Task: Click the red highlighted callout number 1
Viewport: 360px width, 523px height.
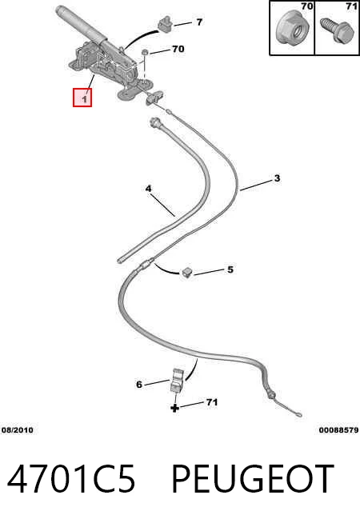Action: coord(82,98)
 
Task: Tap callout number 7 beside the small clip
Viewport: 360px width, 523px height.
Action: coord(199,22)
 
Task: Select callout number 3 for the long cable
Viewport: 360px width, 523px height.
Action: coord(277,178)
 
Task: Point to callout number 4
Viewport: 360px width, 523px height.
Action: coord(148,189)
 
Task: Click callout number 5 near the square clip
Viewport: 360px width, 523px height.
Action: coord(230,269)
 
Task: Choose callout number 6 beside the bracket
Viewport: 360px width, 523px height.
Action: coord(139,385)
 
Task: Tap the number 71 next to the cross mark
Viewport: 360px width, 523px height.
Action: coord(212,402)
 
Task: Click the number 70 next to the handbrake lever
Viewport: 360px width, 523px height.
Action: coord(178,49)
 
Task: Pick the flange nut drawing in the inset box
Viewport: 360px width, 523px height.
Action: coord(293,28)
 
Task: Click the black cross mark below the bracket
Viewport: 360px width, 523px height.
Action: coord(175,408)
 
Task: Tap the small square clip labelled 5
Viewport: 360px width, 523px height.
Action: coord(187,272)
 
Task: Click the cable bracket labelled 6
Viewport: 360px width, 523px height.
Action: coord(177,380)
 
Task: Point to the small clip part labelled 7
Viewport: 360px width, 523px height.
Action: coord(164,24)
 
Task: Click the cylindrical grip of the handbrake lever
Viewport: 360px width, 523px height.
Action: coord(79,26)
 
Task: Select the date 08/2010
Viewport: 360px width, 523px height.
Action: coord(18,430)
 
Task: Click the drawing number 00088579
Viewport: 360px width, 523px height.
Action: coord(338,430)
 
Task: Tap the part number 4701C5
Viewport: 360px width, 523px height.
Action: coord(71,479)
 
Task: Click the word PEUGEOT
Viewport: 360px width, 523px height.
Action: coord(253,479)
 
